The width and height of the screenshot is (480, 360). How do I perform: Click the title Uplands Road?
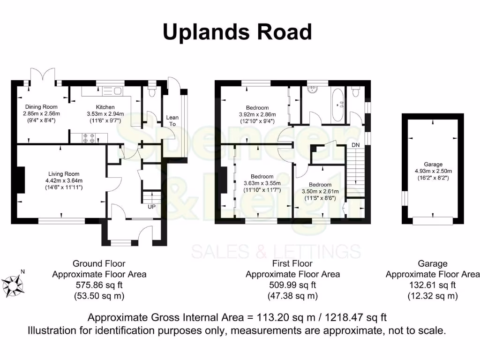pos(237,32)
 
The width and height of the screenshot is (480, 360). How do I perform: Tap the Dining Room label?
pos(41,107)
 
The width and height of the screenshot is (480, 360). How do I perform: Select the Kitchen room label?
pos(105,107)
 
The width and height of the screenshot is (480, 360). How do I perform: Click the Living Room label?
pos(64,174)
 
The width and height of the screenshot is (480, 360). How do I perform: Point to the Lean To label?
pos(172,120)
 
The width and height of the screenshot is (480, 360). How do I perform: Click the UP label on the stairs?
pos(151,206)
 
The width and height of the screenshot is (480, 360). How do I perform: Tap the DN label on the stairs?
pos(356,145)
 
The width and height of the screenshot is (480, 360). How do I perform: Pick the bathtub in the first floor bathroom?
pos(337,104)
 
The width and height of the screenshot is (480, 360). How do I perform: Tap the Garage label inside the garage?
pos(433,165)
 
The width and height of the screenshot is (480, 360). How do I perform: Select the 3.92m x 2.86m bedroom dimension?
pos(257,114)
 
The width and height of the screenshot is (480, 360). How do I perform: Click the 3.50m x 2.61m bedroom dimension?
pos(320,191)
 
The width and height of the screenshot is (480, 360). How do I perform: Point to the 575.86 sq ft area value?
pos(99,285)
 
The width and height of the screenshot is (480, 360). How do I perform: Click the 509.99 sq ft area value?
pos(293,285)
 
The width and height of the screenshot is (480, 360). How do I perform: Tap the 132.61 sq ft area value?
pos(433,285)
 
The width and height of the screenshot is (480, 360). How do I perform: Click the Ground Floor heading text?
pos(99,264)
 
